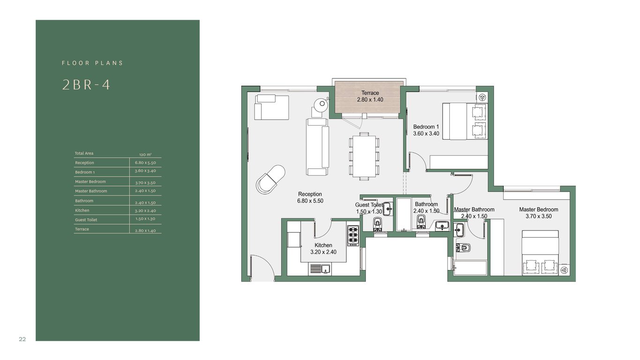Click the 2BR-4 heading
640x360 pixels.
pos(86,85)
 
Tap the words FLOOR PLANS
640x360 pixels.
pos(92,63)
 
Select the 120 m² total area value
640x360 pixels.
pos(145,154)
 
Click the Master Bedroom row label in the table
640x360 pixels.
pos(90,181)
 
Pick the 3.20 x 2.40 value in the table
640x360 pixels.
pos(145,211)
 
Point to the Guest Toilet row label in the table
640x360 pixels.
pos(86,220)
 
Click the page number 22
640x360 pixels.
pos(22,339)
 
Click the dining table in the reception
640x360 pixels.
pos(364,156)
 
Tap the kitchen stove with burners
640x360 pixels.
pos(353,236)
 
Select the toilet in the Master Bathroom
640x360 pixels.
pos(463,247)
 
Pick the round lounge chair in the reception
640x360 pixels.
pos(270,180)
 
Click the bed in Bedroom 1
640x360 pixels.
pos(464,121)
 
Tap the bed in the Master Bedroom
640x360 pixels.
pos(540,253)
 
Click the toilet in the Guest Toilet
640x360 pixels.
pos(378,224)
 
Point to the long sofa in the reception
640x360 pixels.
pos(318,147)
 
